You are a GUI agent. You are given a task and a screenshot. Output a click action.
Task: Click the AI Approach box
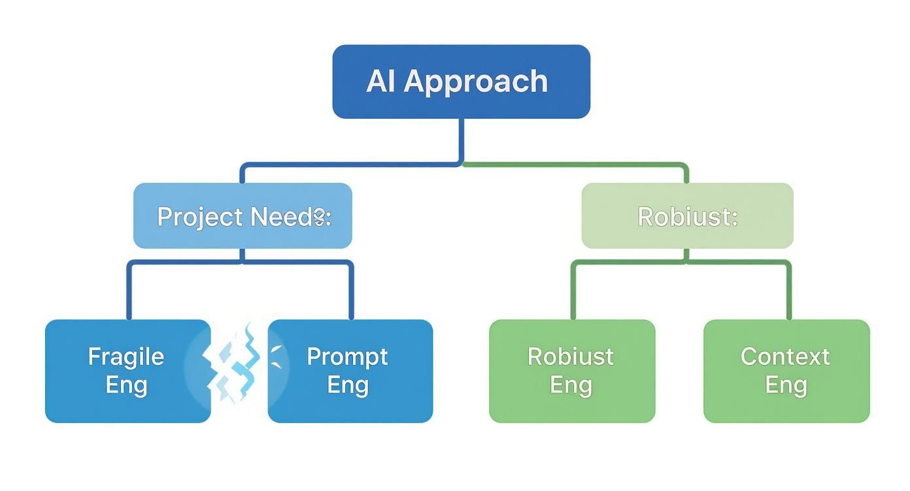[461, 82]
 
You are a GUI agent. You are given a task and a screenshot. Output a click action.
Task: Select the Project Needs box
[243, 216]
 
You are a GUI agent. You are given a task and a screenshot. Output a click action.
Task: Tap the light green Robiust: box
[687, 216]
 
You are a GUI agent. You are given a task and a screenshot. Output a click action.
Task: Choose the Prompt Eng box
[353, 371]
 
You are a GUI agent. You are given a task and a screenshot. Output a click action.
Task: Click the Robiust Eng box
[571, 371]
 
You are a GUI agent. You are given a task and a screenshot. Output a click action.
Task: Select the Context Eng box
[786, 371]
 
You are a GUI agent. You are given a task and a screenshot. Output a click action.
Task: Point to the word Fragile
[126, 356]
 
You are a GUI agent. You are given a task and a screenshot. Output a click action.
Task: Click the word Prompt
[347, 356]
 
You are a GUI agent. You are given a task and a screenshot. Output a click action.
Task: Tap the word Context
[785, 356]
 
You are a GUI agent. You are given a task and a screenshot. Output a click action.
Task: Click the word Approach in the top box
[475, 82]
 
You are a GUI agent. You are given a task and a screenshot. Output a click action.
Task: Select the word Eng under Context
[786, 385]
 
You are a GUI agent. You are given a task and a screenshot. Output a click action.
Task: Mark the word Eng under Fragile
[126, 385]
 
